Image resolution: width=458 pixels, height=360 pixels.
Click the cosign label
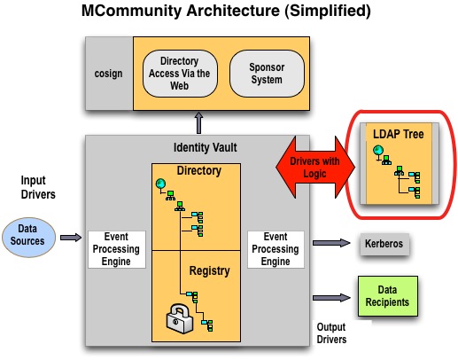[108, 74]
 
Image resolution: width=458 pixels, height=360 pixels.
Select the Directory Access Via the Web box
[180, 74]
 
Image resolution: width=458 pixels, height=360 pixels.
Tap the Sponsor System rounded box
[267, 74]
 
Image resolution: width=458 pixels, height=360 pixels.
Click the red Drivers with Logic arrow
[315, 168]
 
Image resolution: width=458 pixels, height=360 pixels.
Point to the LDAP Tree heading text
[399, 134]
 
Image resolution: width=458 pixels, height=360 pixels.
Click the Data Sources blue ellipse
[28, 238]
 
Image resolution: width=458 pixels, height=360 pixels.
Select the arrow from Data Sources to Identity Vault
[71, 238]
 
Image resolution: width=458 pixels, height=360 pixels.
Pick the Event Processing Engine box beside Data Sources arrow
[117, 249]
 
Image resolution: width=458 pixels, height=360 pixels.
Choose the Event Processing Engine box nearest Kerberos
[276, 249]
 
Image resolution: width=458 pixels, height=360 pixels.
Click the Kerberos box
[384, 244]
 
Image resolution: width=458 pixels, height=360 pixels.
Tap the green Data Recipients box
[388, 296]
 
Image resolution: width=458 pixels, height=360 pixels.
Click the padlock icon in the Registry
[179, 319]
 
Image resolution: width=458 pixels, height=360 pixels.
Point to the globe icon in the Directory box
[161, 184]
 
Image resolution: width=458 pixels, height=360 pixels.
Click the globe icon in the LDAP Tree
[378, 151]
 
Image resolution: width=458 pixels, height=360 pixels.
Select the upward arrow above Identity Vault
[199, 123]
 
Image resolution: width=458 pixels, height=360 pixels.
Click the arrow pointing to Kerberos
[331, 243]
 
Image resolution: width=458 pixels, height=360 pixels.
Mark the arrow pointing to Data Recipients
[331, 298]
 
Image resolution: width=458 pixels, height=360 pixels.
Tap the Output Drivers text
[331, 333]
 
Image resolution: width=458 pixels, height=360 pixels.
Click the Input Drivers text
[38, 187]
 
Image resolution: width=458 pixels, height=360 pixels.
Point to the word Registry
[209, 271]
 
